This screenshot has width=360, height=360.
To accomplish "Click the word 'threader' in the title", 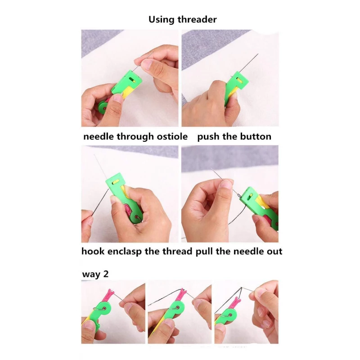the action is click(x=197, y=19).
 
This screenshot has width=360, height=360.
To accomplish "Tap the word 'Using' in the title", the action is click(x=162, y=20).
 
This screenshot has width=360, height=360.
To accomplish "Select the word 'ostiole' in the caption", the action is click(x=172, y=137).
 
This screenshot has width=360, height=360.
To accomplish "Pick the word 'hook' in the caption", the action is click(x=93, y=252).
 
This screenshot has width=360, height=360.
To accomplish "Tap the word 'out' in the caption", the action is click(x=274, y=252).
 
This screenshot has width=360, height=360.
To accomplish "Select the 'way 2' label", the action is click(x=95, y=274).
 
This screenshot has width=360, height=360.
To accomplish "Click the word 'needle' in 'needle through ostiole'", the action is click(x=99, y=137).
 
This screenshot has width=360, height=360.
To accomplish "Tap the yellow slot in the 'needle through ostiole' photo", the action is click(x=132, y=81).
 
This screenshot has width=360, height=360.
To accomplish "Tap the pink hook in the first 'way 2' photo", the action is click(x=110, y=296).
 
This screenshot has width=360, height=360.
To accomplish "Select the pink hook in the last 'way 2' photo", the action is click(x=235, y=303).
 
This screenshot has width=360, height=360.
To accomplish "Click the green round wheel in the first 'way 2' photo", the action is click(x=105, y=309).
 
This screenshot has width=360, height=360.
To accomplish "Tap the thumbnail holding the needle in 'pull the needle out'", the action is click(x=227, y=184).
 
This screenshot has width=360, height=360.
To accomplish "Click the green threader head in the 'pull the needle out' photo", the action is click(x=250, y=196).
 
